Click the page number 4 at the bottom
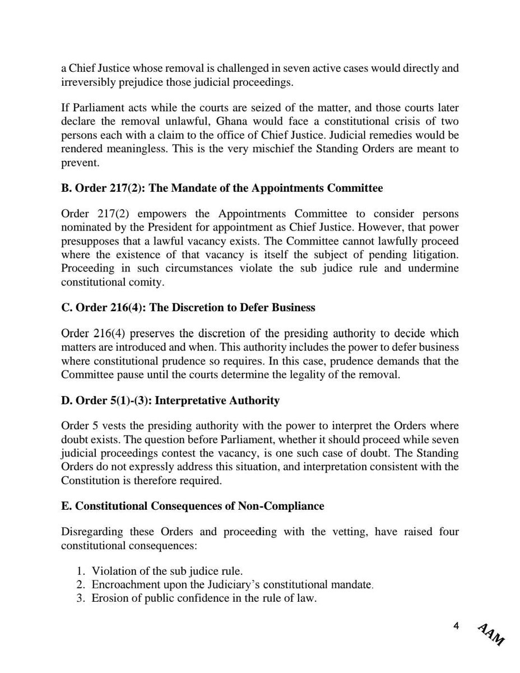point(456,626)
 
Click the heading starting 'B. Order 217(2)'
point(222,188)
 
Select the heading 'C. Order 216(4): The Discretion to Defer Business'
point(188,307)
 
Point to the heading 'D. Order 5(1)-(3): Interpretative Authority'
point(170,400)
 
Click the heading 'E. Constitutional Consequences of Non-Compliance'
point(193,506)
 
